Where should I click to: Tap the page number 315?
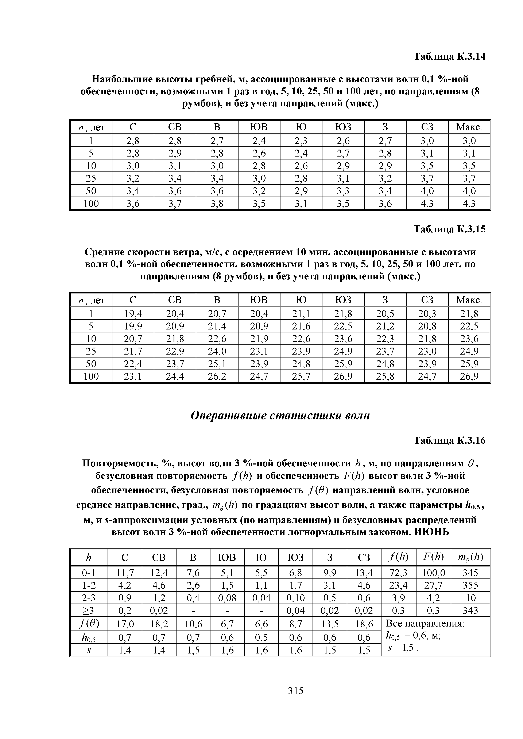tap(296, 690)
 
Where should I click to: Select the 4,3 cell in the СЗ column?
tap(427, 203)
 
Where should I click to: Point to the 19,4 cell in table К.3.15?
tap(133, 313)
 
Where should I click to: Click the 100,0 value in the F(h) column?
tap(433, 573)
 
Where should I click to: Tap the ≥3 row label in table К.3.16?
tap(89, 610)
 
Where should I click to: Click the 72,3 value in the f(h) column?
tap(398, 573)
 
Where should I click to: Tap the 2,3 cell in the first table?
tap(301, 141)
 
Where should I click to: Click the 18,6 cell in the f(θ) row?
tap(364, 624)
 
